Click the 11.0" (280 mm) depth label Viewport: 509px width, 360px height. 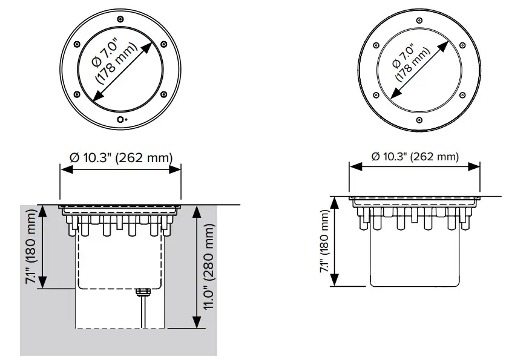pos(209,267)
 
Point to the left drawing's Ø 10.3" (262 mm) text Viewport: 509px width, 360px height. pos(121,157)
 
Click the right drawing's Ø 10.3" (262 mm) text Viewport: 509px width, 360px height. pos(415,156)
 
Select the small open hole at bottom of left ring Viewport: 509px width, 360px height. pos(120,120)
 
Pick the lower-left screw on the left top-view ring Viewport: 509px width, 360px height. pos(76,93)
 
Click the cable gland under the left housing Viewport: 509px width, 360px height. pos(142,292)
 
